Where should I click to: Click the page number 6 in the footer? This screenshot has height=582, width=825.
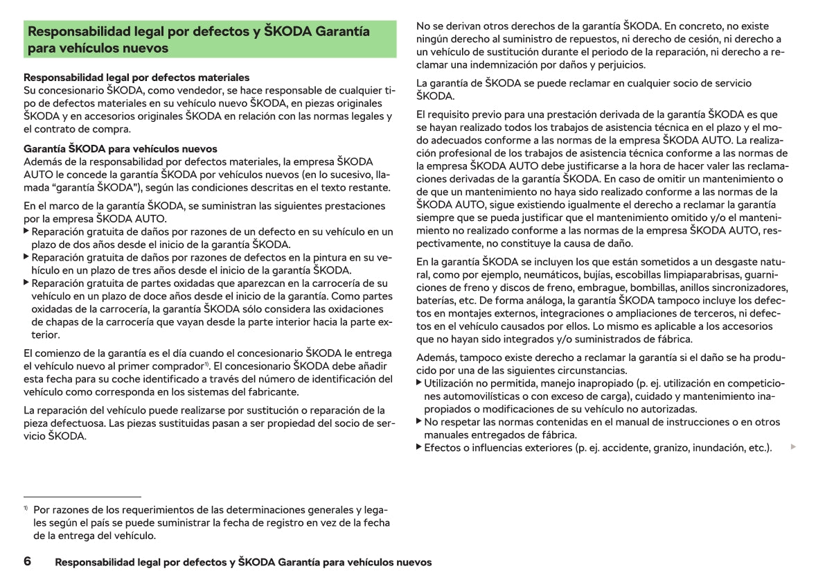coord(27,561)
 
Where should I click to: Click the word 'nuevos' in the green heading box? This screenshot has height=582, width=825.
coord(145,48)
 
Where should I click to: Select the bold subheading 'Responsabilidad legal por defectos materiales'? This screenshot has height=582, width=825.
coord(136,78)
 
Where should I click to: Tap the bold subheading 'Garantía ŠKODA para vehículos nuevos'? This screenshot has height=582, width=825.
coord(121,149)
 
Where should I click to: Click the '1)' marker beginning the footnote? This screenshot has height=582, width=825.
coord(26,509)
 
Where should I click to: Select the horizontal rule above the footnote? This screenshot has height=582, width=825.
coord(82,497)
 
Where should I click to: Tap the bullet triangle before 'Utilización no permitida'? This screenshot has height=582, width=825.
coord(419,383)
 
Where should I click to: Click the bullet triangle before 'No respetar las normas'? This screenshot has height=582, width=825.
coord(419,421)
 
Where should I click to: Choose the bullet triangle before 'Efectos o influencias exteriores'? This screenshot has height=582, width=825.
coord(419,448)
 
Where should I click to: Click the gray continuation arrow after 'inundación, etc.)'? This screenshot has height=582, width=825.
coord(793,448)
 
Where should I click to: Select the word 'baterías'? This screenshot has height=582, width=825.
coord(436,301)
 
